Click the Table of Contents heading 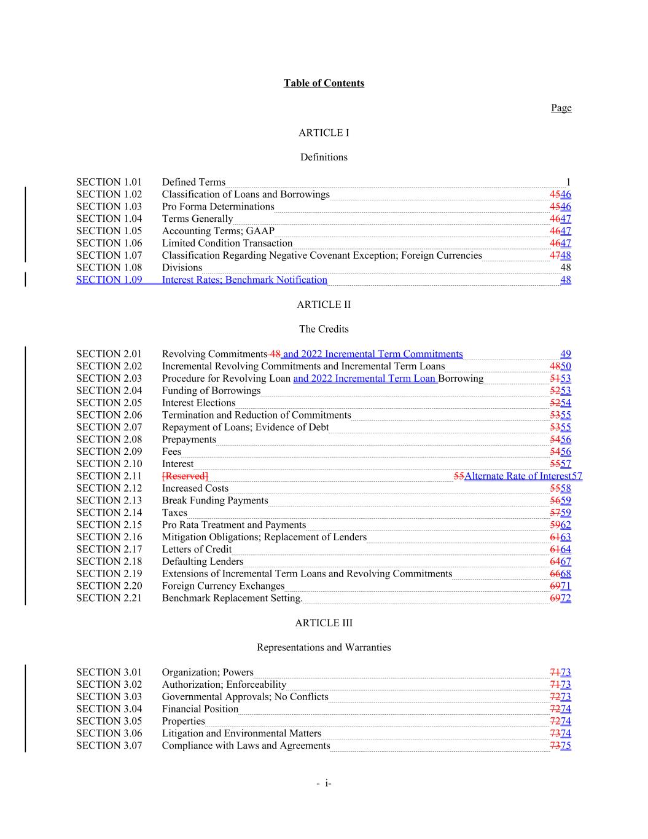pyautogui.click(x=324, y=83)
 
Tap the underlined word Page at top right pyautogui.click(x=561, y=108)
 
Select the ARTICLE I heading pyautogui.click(x=324, y=133)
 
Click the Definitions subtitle pyautogui.click(x=324, y=157)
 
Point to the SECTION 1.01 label pyautogui.click(x=109, y=182)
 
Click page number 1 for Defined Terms pyautogui.click(x=568, y=182)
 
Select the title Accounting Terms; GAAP pyautogui.click(x=218, y=231)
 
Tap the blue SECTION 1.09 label pyautogui.click(x=109, y=280)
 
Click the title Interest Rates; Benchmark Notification pyautogui.click(x=244, y=280)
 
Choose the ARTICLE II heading pyautogui.click(x=324, y=304)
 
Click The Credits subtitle pyautogui.click(x=324, y=329)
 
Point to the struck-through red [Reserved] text pyautogui.click(x=185, y=476)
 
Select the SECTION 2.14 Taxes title pyautogui.click(x=174, y=513)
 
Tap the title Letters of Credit pyautogui.click(x=197, y=549)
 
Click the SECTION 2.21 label pyautogui.click(x=109, y=598)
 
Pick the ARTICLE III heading pyautogui.click(x=324, y=623)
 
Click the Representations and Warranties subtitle pyautogui.click(x=324, y=647)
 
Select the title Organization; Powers pyautogui.click(x=208, y=672)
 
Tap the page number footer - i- pyautogui.click(x=324, y=783)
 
